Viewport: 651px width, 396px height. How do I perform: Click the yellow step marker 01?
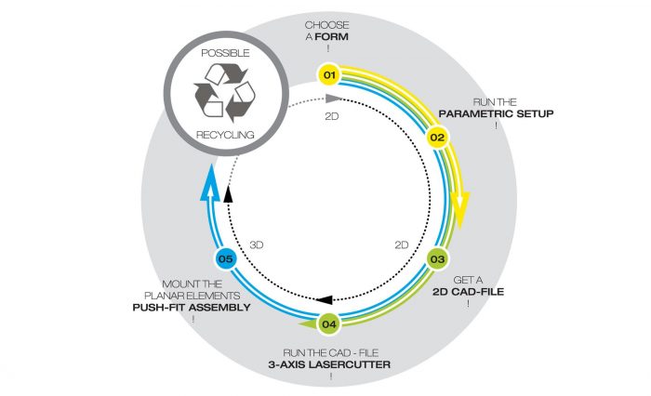[x=329, y=74]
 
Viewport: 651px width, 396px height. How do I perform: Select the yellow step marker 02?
[x=437, y=138]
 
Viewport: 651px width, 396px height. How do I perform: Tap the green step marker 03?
[x=437, y=259]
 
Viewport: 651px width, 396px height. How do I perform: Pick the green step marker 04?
[x=329, y=323]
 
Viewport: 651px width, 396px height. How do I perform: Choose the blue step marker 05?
[x=225, y=259]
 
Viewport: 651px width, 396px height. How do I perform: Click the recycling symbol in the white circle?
[x=225, y=93]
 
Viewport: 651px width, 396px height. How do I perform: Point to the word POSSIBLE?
[x=225, y=53]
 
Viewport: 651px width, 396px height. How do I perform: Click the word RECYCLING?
[x=225, y=135]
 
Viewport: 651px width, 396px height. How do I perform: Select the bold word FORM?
[x=332, y=36]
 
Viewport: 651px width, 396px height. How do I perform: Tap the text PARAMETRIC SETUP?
[x=496, y=113]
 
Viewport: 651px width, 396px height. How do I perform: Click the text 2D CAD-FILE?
[x=469, y=292]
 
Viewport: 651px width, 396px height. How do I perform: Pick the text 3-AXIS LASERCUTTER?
[x=329, y=365]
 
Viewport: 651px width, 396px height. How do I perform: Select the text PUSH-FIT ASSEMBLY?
[x=192, y=308]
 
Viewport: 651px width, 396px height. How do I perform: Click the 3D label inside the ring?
[x=257, y=244]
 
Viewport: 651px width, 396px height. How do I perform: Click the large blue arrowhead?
[x=210, y=182]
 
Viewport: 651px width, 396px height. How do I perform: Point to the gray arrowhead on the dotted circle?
[x=333, y=99]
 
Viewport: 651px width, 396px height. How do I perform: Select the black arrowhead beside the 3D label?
[x=228, y=194]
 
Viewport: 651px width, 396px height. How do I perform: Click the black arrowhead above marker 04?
[x=325, y=299]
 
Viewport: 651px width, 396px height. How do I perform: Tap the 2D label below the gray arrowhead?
[x=332, y=116]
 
